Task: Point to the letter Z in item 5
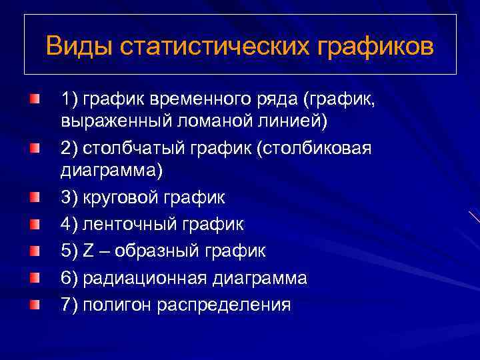click(x=89, y=251)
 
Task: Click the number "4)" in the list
click(x=69, y=225)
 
